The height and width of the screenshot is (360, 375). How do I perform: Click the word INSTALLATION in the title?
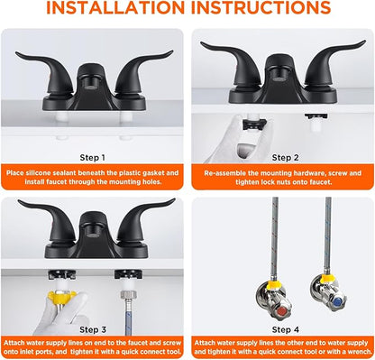click(115, 7)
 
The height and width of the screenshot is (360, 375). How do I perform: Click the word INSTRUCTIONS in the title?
click(261, 7)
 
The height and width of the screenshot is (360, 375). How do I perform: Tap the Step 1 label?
click(93, 158)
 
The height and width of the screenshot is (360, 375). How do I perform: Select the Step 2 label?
click(286, 158)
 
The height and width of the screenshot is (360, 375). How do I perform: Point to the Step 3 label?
click(93, 330)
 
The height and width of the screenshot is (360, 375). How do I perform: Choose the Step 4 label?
click(286, 330)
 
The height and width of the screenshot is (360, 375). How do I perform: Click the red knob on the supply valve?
click(282, 311)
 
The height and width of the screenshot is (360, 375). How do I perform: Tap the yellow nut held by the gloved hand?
click(61, 296)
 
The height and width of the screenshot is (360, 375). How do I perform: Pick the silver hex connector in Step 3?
click(126, 294)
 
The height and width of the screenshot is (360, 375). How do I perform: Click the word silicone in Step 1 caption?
click(38, 173)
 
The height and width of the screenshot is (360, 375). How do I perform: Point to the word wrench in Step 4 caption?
click(360, 351)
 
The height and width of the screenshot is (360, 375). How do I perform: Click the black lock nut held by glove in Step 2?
click(254, 124)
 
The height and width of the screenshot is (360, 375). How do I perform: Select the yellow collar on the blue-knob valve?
click(325, 279)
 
